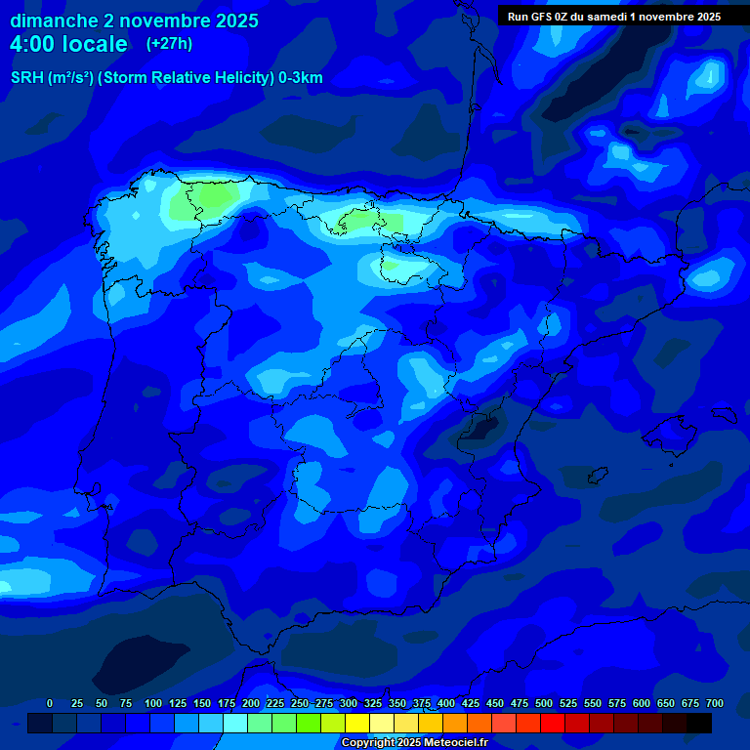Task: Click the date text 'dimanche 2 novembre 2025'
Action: point(134,21)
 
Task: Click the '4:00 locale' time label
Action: point(68,44)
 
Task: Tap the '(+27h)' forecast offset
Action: point(169,43)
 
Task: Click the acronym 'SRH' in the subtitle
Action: point(27,78)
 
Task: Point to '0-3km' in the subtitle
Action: point(300,78)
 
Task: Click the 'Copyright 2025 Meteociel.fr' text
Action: point(414,743)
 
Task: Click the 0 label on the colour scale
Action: point(50,703)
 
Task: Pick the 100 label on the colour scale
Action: point(153,703)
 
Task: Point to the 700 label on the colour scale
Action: point(714,703)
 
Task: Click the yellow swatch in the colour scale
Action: point(357,723)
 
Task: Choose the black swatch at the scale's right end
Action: point(699,723)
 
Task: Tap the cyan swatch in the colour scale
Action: point(235,723)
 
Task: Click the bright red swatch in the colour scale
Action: point(553,723)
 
